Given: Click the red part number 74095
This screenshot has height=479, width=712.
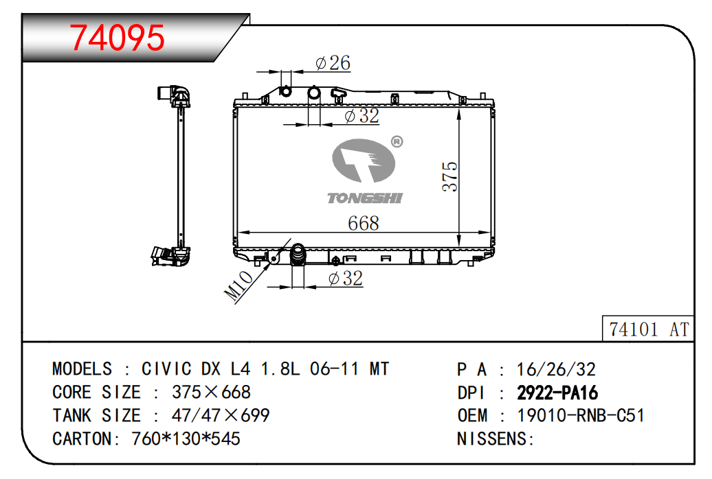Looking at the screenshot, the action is pyautogui.click(x=117, y=38).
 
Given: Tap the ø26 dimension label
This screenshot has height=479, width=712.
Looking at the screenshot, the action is pyautogui.click(x=333, y=63).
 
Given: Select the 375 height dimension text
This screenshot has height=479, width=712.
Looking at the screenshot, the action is pyautogui.click(x=450, y=176).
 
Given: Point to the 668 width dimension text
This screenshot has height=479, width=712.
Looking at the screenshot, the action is pyautogui.click(x=364, y=223).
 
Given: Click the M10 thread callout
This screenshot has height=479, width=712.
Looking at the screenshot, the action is pyautogui.click(x=238, y=285).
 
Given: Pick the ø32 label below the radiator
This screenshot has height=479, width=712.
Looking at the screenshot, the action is pyautogui.click(x=346, y=279).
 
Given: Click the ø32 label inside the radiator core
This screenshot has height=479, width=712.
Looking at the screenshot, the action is pyautogui.click(x=362, y=116).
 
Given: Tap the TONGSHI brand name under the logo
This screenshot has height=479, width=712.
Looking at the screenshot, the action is pyautogui.click(x=365, y=198).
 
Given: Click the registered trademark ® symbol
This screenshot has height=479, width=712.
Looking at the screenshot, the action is pyautogui.click(x=397, y=142).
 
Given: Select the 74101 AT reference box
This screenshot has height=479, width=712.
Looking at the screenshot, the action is pyautogui.click(x=648, y=329).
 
